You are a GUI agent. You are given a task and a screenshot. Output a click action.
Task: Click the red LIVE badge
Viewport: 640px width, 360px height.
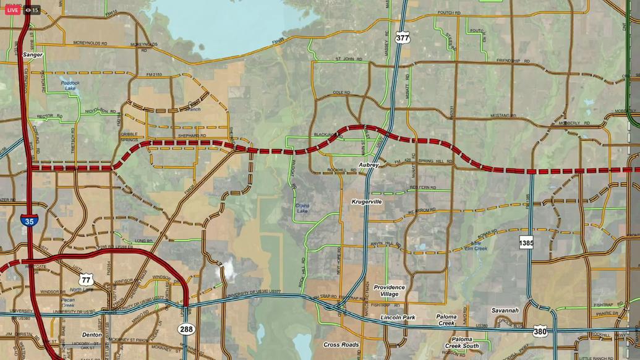click(x=12, y=10)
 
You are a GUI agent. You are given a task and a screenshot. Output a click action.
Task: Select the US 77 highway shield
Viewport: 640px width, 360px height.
click(x=85, y=279)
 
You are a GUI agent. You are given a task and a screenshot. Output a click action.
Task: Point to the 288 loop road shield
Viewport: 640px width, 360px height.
click(x=186, y=329)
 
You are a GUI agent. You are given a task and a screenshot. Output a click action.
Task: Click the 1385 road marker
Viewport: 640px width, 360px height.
click(x=526, y=242)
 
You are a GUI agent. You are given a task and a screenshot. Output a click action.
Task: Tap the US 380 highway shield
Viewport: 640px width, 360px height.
click(x=540, y=331)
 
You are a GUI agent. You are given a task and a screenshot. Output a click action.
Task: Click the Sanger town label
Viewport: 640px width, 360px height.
click(x=33, y=54)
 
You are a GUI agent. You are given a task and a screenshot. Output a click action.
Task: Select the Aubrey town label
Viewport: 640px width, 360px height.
click(x=369, y=165)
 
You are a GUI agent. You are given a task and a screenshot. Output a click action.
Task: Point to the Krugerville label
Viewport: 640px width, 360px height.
click(x=367, y=202)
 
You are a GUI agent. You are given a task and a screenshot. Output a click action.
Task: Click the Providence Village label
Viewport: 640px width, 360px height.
click(x=389, y=291)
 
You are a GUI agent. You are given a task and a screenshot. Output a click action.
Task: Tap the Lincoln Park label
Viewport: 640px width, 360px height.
click(x=398, y=317)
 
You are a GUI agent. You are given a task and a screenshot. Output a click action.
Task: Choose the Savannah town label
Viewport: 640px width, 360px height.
click(x=505, y=311)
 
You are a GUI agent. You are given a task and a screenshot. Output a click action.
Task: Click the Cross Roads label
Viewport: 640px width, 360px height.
click(x=341, y=345)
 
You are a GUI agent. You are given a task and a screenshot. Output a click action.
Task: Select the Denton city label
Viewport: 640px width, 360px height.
click(x=92, y=335)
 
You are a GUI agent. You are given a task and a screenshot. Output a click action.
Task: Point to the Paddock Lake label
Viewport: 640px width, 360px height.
click(x=70, y=85)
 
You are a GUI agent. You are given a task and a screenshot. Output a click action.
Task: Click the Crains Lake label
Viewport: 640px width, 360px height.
click(x=302, y=208)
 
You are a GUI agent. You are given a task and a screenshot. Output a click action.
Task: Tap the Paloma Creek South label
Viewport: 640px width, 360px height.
click(x=461, y=343)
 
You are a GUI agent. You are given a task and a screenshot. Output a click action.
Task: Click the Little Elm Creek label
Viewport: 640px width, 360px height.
click(x=476, y=246)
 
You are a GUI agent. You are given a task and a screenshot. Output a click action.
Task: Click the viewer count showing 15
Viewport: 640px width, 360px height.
click(x=32, y=10)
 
